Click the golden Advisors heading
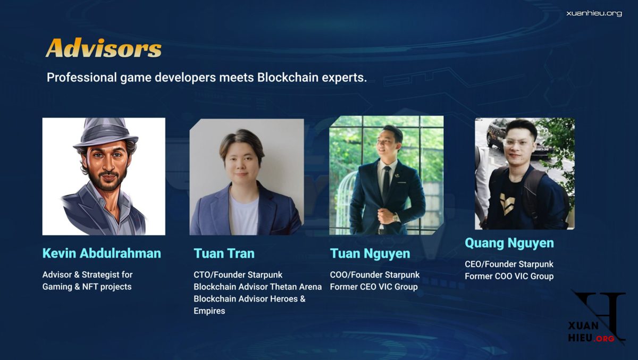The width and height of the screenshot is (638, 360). click(104, 47)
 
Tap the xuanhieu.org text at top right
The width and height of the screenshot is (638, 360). click(594, 13)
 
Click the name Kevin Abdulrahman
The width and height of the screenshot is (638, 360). click(102, 253)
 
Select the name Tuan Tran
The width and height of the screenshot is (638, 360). click(224, 254)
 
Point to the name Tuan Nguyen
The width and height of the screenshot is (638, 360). click(370, 254)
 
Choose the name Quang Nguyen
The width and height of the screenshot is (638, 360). click(509, 243)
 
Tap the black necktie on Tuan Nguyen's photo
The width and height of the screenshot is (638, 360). click(386, 184)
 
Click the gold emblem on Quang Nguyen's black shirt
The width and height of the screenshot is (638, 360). click(508, 203)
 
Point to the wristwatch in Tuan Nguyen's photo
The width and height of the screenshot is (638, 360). click(396, 217)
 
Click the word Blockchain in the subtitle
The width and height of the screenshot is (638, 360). click(288, 78)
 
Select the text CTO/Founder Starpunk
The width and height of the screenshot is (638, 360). click(238, 275)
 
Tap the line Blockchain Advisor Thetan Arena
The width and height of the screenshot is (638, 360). click(257, 287)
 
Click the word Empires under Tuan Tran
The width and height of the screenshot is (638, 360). click(209, 311)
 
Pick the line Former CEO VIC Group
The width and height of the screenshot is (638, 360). click(374, 287)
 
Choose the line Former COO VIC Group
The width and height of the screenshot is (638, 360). click(509, 277)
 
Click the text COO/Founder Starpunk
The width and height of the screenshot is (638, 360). click(374, 275)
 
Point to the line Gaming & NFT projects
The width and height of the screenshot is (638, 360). click(87, 287)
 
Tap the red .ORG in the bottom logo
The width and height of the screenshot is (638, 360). click(604, 339)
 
